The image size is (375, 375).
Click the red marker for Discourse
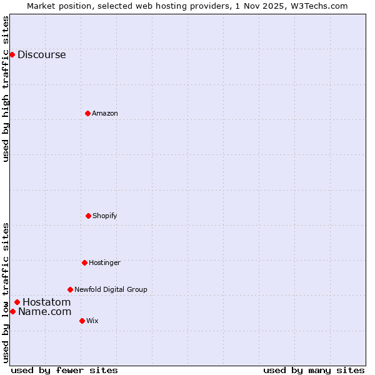[x=12, y=54]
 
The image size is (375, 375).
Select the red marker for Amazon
[x=87, y=113]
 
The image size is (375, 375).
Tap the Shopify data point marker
[x=88, y=216]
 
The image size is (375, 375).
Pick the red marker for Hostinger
[x=84, y=262]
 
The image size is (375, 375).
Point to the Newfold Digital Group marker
[x=70, y=289]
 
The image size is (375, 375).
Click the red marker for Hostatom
[x=17, y=302]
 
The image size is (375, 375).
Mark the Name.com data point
[x=12, y=311]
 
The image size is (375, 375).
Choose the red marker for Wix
[x=82, y=321]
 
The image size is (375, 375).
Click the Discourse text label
[x=41, y=54]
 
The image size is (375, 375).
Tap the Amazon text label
[x=105, y=113]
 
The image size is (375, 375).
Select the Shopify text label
[x=105, y=216]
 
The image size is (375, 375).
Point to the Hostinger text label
[x=104, y=262]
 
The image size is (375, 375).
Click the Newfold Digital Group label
[x=111, y=289]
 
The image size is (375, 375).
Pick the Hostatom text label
[x=46, y=302]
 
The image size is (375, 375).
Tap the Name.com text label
[x=44, y=311]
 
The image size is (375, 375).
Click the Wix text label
[x=92, y=321]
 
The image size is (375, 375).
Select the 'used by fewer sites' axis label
[x=64, y=370]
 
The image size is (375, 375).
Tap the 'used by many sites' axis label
[x=314, y=370]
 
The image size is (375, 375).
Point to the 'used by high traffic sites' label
[x=6, y=89]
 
